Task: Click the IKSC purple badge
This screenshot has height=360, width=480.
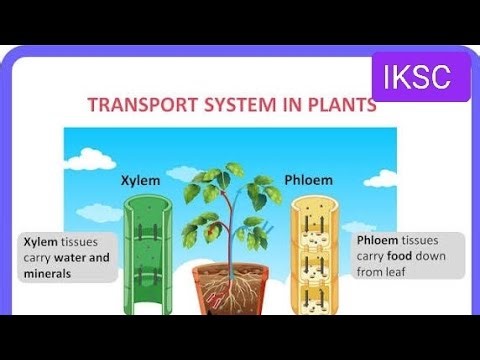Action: (x=421, y=75)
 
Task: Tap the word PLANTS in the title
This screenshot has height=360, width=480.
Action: (x=342, y=105)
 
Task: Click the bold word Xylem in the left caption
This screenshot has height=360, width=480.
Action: (x=42, y=242)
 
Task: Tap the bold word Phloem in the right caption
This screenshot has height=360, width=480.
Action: (x=378, y=241)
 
